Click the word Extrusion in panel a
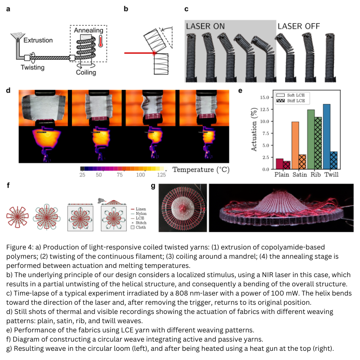[x=38, y=40]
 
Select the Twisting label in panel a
[x=33, y=67]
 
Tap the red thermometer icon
[x=100, y=41]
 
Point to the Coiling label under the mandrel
[x=86, y=72]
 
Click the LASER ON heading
[x=205, y=26]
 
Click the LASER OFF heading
[x=298, y=26]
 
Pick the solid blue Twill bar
[x=327, y=136]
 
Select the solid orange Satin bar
[x=295, y=146]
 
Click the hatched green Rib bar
[x=318, y=143]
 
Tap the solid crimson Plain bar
[x=279, y=164]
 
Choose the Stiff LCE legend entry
[x=291, y=100]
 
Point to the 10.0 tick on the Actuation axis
[x=265, y=121]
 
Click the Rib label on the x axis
[x=316, y=175]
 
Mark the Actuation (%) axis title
[x=254, y=129]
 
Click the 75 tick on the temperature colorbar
[x=120, y=175]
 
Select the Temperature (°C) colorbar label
[x=201, y=170]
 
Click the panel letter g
[x=153, y=186]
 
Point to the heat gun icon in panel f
[x=100, y=201]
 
